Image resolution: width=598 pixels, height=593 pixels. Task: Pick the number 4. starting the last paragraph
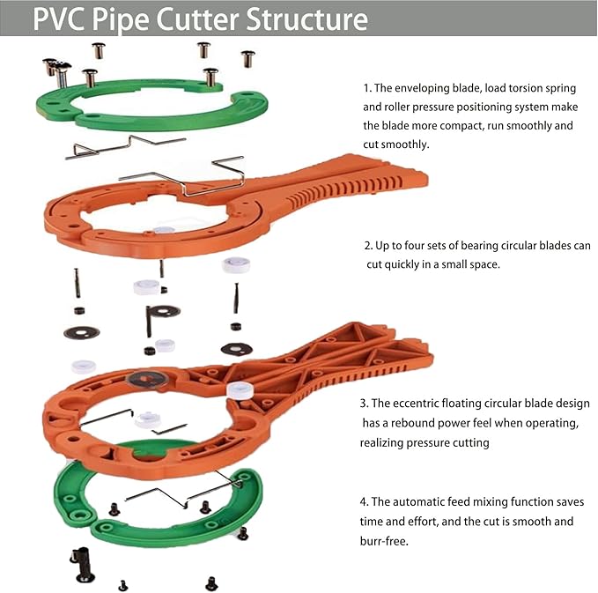365,501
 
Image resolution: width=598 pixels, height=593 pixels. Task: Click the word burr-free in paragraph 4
387,541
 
